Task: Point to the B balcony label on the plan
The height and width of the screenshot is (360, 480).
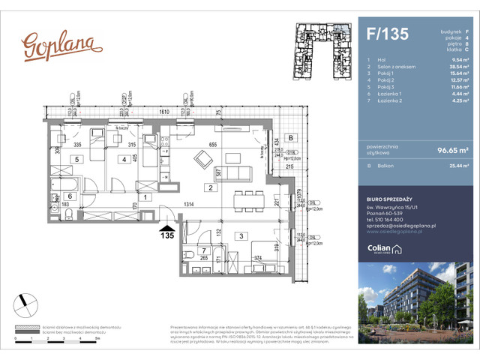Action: click(292, 137)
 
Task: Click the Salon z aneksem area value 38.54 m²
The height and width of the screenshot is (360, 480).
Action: click(448, 67)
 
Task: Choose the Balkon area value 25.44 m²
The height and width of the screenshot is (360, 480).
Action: click(448, 169)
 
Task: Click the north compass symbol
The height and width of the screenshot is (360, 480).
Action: click(26, 304)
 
